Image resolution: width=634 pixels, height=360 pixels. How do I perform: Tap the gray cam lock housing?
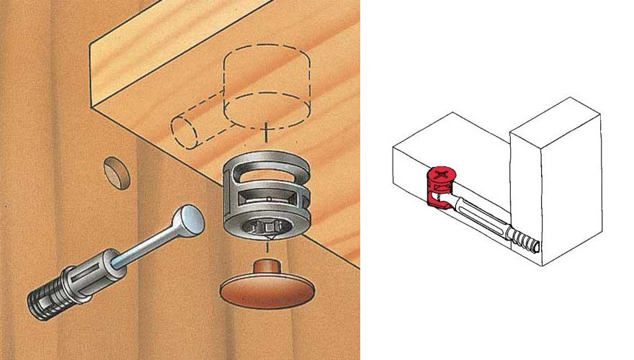(266, 198)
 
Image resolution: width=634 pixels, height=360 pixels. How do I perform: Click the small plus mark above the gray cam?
(267, 131)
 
